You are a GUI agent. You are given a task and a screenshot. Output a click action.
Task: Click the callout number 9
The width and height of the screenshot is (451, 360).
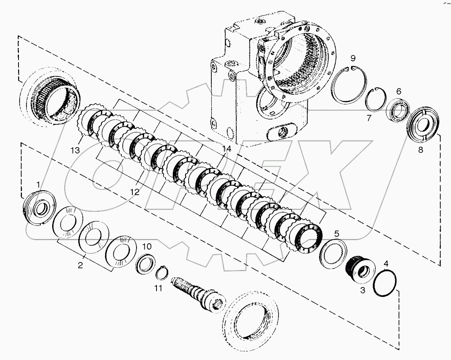click(352, 58)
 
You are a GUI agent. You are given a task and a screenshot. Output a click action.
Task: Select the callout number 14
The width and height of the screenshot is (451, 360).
click(226, 149)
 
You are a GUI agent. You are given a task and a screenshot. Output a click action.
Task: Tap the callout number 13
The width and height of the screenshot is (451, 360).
click(75, 151)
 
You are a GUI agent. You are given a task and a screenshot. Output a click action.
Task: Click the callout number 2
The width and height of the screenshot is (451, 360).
click(80, 265)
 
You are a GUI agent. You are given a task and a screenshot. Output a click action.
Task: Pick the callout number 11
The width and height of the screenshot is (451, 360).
click(158, 288)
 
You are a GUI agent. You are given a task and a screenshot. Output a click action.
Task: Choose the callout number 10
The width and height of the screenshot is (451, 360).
click(147, 247)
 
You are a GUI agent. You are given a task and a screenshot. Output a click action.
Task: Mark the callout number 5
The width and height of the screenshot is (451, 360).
click(336, 233)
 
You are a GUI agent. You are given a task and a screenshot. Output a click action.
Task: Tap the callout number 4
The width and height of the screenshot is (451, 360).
click(386, 263)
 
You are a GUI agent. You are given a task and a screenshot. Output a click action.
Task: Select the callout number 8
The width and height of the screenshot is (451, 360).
click(420, 149)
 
